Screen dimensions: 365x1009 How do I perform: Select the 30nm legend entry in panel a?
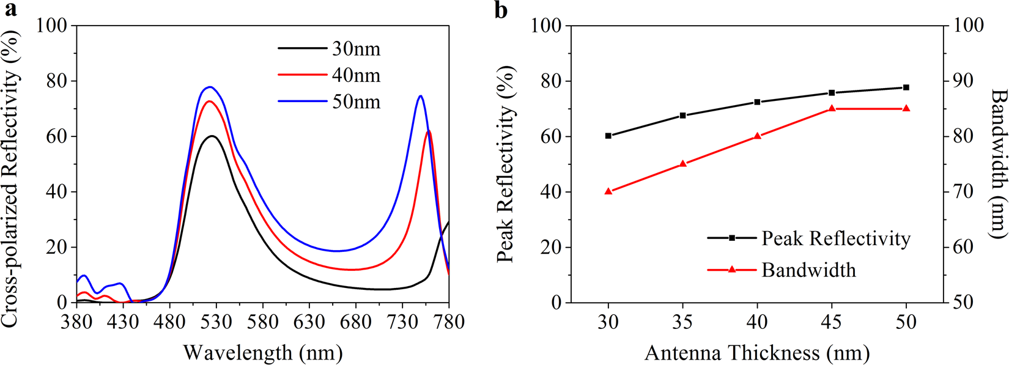click(356, 48)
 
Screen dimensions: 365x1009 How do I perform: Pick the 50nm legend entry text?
click(356, 101)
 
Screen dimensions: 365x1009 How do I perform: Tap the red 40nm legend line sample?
click(302, 75)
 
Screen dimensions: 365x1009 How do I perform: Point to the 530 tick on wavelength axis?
click(216, 321)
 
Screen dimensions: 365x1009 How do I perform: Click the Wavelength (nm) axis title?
click(262, 352)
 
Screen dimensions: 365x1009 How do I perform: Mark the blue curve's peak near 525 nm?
click(210, 87)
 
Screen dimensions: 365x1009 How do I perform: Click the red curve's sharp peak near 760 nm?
click(429, 131)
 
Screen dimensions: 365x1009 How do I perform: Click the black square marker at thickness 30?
click(608, 136)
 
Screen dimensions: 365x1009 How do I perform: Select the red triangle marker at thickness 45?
click(832, 109)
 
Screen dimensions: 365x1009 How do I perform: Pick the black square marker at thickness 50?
click(906, 87)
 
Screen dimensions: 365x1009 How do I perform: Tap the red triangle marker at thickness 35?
click(683, 164)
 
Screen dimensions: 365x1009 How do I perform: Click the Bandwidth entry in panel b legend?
click(808, 270)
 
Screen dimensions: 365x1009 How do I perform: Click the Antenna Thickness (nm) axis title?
click(756, 352)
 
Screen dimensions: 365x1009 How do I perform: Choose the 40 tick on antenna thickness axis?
click(757, 321)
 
